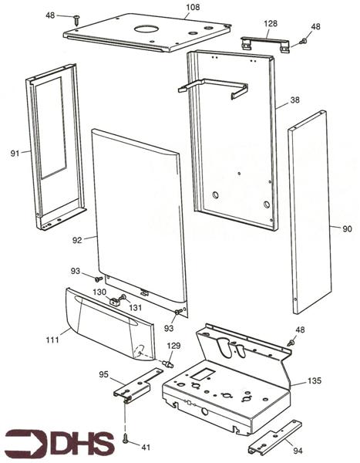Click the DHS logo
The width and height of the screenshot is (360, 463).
point(60,443)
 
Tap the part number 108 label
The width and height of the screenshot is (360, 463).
point(193,7)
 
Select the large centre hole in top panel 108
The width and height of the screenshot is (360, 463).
point(146,29)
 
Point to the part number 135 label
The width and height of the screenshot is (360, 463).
point(315,380)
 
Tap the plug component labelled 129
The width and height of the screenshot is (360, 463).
point(167,363)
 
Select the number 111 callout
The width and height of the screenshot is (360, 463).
point(52,340)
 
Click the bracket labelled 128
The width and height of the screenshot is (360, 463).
point(265,43)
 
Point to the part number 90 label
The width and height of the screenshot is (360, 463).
point(348,229)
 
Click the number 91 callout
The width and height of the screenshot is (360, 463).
point(15,154)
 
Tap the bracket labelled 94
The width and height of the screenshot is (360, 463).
point(275,438)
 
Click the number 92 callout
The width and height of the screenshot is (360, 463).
point(77,240)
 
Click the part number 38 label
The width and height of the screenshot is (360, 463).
point(294,100)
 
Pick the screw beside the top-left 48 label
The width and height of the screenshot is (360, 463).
point(77,21)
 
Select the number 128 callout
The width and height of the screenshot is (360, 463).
point(271,23)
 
